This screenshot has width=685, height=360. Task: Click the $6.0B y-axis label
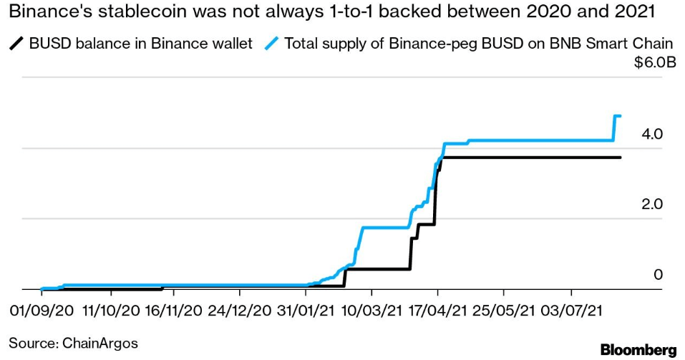655,63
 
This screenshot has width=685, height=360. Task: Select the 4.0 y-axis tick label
653,134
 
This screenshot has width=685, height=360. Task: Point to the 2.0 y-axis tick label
653,204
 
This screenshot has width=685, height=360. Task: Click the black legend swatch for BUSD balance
16,44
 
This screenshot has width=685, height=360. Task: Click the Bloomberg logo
638,350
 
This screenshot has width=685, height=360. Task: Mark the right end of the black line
620,157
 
